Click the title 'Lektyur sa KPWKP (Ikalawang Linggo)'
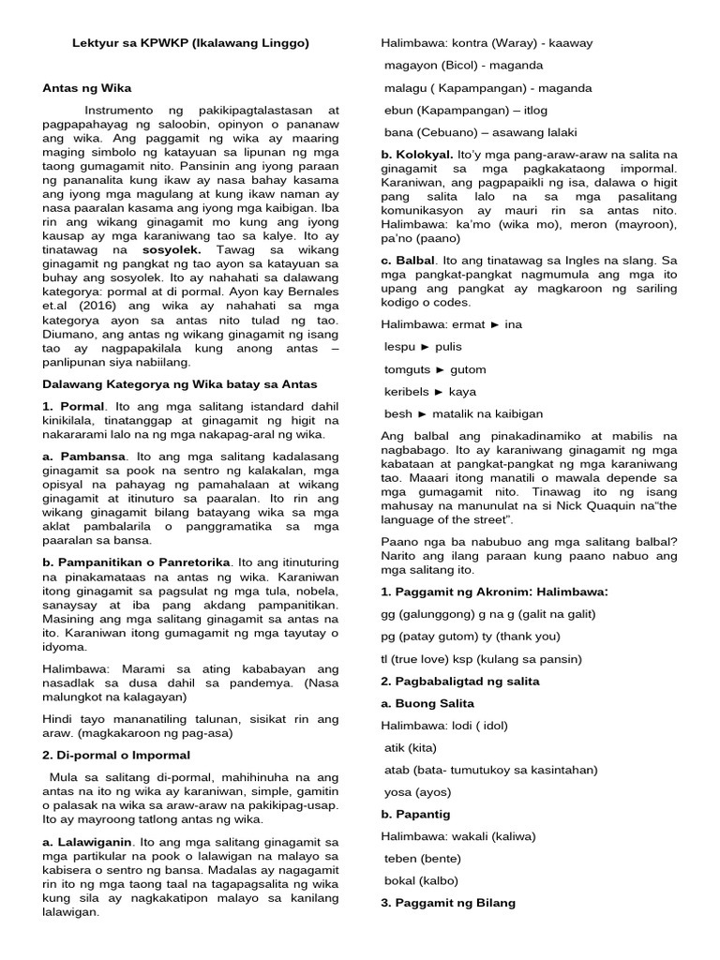point(191,43)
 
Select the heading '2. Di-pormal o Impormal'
point(117,755)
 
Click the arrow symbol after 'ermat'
point(495,324)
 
